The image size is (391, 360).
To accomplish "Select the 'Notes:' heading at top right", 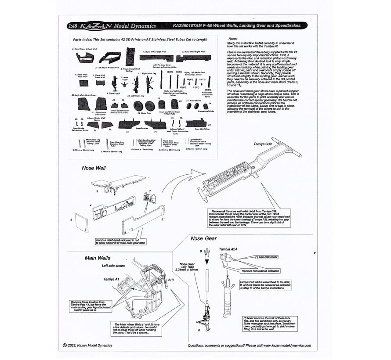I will pyautogui.click(x=233, y=38).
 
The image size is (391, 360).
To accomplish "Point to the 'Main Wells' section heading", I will pyautogui.click(x=98, y=258).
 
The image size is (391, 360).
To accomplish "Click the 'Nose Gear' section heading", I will pyautogui.click(x=203, y=238).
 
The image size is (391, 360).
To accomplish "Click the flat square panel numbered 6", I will pyautogui.click(x=80, y=224).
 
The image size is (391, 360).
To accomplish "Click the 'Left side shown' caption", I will pyautogui.click(x=114, y=266).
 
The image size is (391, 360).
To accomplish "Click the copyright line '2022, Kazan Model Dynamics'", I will pyautogui.click(x=90, y=345).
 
